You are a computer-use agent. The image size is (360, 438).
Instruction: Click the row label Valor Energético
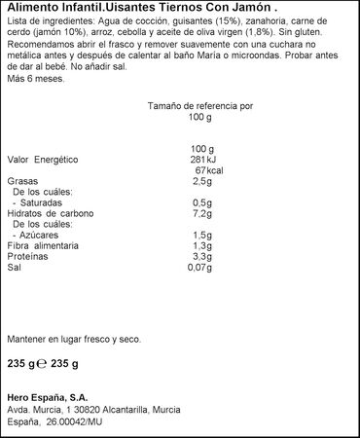pyautogui.click(x=42, y=159)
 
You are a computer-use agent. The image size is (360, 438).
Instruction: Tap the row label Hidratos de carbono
pyautogui.click(x=49, y=213)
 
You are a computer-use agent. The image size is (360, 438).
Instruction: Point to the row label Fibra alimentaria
pyautogui.click(x=45, y=246)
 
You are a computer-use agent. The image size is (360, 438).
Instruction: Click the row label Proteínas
pyautogui.click(x=28, y=257)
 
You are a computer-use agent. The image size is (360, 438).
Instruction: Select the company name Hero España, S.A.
pyautogui.click(x=47, y=396)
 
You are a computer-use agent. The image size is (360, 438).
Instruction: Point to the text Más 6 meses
pyautogui.click(x=35, y=78)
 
